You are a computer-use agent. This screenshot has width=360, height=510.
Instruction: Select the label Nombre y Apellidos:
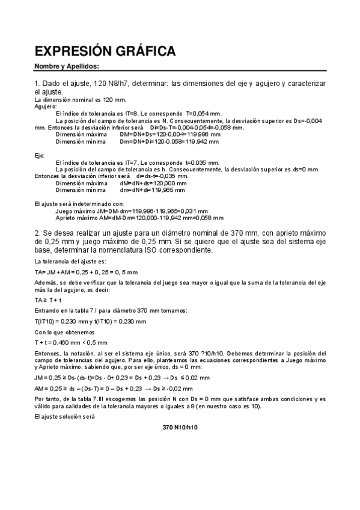click(x=66, y=66)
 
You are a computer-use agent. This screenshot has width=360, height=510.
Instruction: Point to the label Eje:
click(x=40, y=156)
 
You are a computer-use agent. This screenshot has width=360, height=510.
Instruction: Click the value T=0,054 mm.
click(x=203, y=113)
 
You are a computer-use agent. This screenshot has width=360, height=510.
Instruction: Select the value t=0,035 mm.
click(x=201, y=162)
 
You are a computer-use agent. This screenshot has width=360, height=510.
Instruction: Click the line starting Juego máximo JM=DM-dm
click(x=132, y=211)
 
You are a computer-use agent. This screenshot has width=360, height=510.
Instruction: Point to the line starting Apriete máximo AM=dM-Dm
click(x=139, y=218)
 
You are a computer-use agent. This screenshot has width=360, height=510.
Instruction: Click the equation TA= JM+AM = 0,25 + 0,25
click(x=87, y=272)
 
